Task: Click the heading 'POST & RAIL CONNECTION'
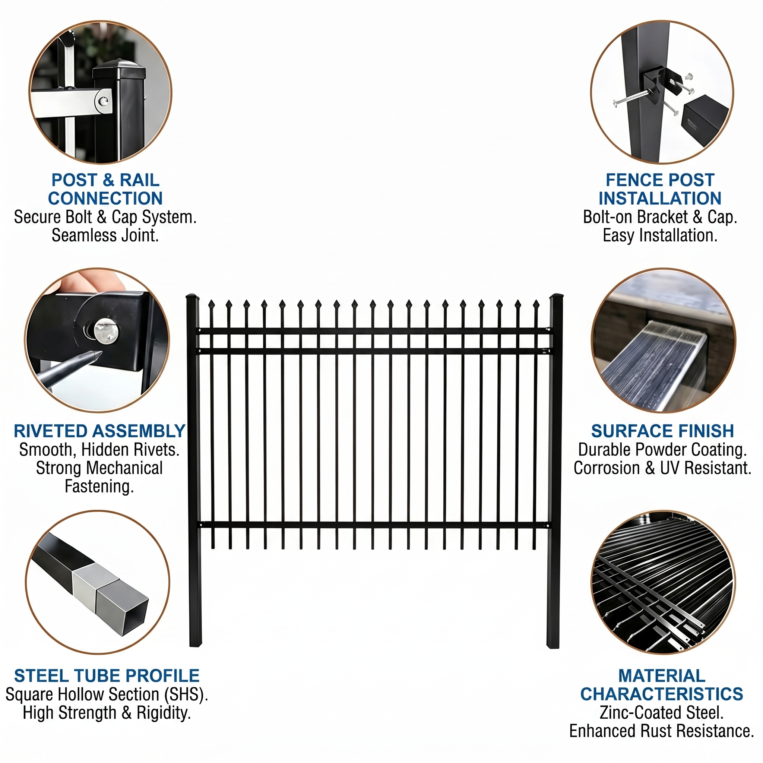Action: point(105,189)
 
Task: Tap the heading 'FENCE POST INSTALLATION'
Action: point(660,189)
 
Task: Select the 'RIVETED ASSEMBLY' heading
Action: point(99,431)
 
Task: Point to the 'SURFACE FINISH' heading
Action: point(662,431)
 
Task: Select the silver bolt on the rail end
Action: point(104,101)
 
